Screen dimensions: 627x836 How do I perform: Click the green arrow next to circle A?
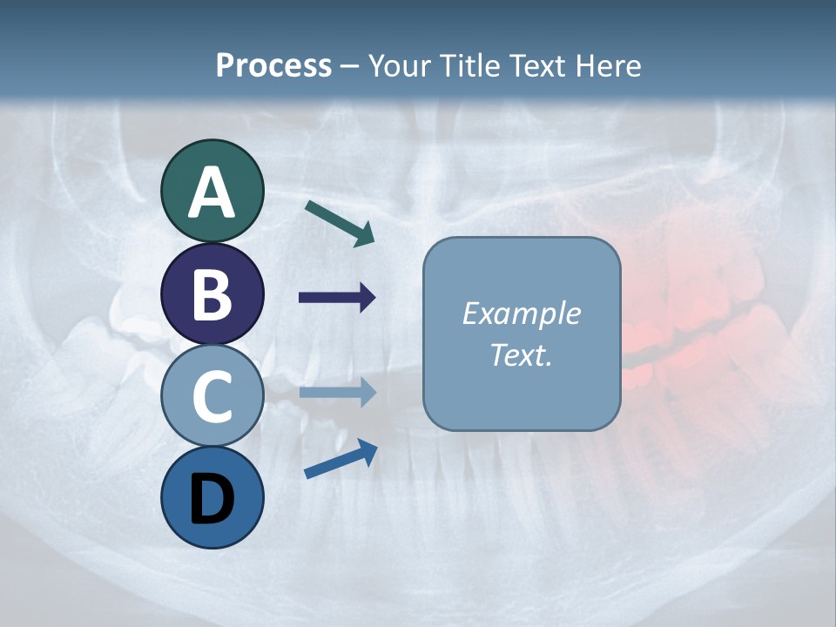(x=340, y=223)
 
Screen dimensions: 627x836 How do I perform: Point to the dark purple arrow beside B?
(x=337, y=298)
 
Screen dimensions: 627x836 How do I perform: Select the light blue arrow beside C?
(x=337, y=393)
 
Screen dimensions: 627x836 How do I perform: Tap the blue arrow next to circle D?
(x=340, y=459)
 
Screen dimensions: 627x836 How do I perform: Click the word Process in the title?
(x=273, y=65)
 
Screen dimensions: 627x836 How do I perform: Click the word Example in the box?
(x=522, y=313)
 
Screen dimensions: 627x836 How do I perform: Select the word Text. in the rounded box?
(x=522, y=354)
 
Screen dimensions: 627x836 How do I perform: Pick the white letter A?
(x=212, y=192)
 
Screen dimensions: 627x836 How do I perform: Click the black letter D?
(x=212, y=498)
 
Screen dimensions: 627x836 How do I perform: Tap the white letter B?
(x=212, y=294)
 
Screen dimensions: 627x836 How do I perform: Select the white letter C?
(x=212, y=396)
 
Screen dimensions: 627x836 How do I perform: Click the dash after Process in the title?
(x=349, y=66)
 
